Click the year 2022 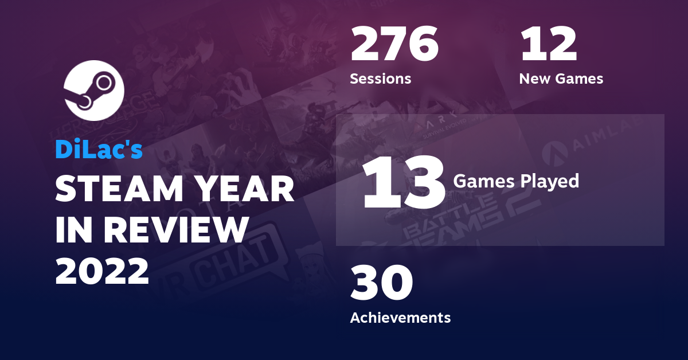102,271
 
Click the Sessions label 381,79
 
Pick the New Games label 561,79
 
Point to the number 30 381,283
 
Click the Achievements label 400,317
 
